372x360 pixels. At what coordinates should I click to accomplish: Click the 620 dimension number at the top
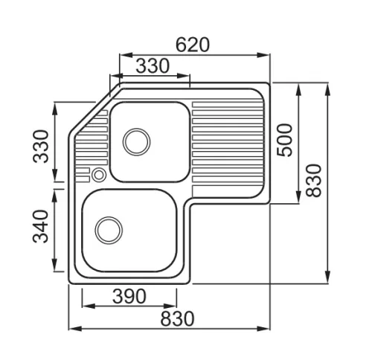193,45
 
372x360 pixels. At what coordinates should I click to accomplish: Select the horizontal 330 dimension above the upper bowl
153,66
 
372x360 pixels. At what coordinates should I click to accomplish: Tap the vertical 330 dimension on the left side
41,147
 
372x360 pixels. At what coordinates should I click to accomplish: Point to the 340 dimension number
40,226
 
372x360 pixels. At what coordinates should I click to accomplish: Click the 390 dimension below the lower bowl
129,297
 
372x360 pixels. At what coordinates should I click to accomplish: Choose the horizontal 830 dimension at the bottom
177,319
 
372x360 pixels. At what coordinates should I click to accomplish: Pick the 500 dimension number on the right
285,140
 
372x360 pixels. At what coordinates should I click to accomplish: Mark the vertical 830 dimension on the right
313,180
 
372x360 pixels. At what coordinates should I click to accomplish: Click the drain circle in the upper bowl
136,142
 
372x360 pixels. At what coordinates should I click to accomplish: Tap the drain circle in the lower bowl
109,231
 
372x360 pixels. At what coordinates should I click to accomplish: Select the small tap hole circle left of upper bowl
99,175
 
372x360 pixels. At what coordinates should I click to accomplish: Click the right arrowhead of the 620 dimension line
263,55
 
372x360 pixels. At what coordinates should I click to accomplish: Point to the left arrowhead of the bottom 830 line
75,329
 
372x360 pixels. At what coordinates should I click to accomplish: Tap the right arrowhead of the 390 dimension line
170,306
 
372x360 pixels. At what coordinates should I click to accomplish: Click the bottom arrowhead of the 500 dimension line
299,198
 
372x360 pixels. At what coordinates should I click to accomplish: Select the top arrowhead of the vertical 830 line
328,89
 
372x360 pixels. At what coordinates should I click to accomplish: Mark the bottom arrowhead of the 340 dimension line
55,265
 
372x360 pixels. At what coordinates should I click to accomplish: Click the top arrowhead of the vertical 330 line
55,109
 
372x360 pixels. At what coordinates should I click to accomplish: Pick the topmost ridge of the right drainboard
227,105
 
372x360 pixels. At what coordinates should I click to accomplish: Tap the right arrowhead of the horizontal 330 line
184,76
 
